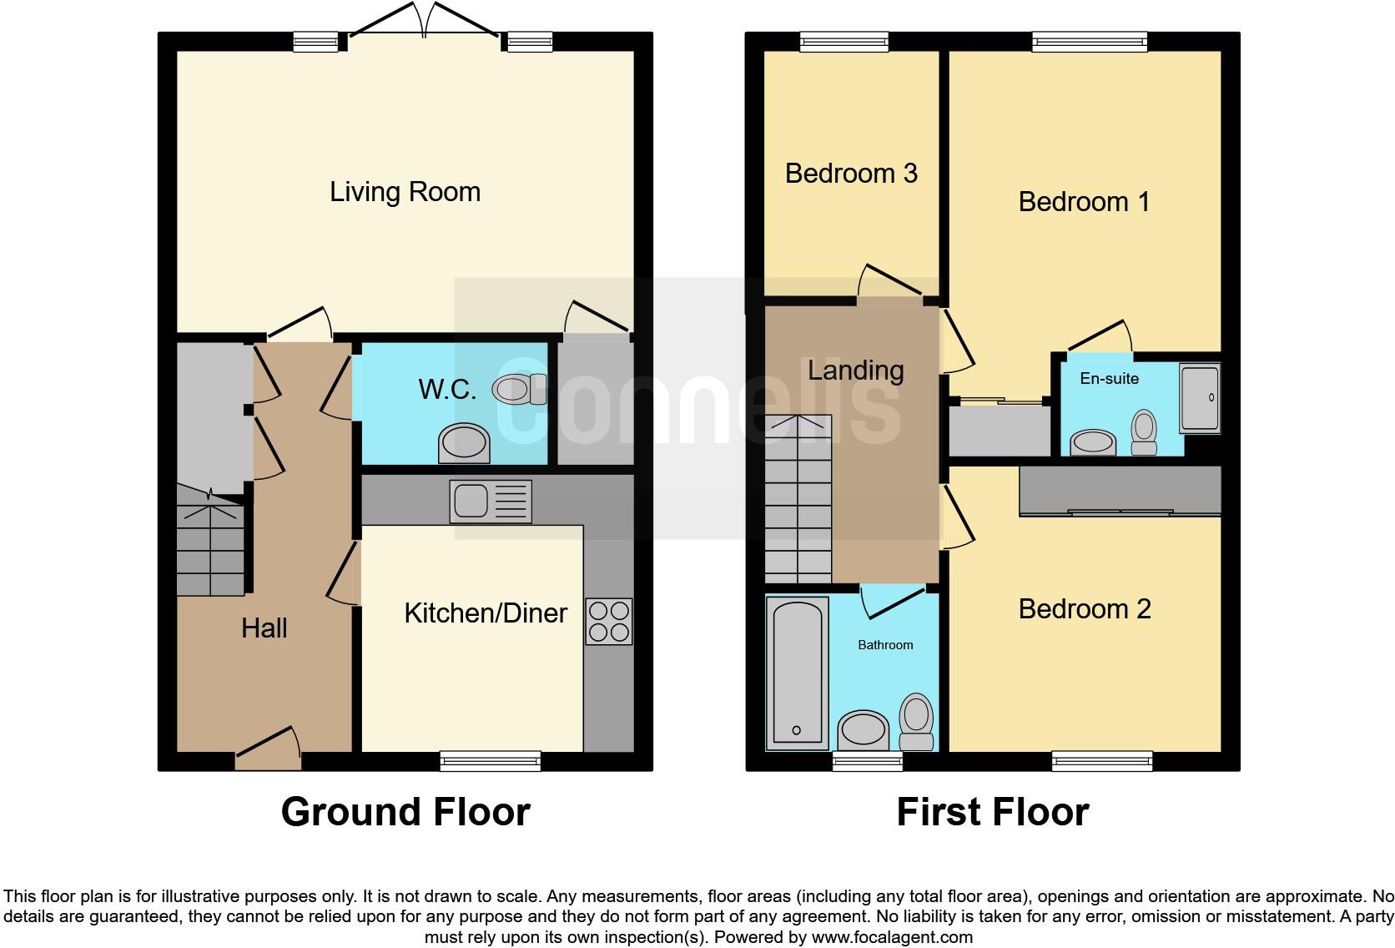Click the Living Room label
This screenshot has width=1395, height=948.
405,192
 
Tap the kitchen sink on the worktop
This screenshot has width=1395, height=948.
490,501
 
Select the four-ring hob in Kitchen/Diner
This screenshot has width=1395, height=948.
609,622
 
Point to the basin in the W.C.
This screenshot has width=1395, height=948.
464,443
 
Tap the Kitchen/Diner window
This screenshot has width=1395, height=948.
490,760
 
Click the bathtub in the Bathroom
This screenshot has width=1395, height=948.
797,673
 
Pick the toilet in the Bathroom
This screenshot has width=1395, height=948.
916,721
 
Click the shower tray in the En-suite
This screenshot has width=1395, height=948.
1200,397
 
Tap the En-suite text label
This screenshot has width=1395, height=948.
1109,379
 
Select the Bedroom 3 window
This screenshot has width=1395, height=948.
844,41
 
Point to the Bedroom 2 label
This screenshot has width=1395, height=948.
1085,609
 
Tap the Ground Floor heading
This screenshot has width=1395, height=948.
405,812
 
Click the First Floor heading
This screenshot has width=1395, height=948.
993,812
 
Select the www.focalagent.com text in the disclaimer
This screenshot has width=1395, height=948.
891,937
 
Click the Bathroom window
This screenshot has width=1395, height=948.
867,760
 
